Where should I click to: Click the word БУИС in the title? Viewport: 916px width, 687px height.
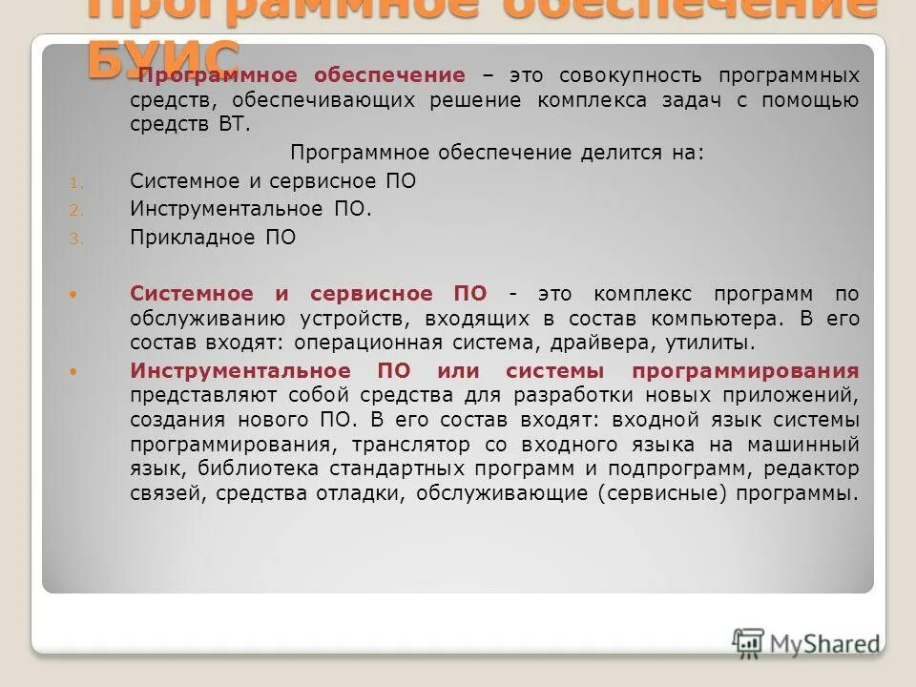[x=162, y=57]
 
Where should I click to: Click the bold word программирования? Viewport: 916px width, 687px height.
[x=744, y=370]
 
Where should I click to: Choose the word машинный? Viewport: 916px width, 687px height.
[x=809, y=444]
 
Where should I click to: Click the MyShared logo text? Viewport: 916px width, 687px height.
[x=825, y=644]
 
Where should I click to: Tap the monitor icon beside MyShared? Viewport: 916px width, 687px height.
[x=748, y=642]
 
